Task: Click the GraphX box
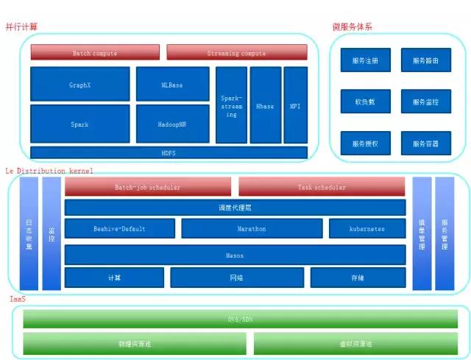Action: click(x=79, y=85)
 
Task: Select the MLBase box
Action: click(x=172, y=85)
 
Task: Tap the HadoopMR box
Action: click(x=172, y=124)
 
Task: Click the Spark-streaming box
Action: click(x=231, y=105)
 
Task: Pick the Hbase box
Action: click(x=265, y=105)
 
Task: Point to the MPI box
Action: click(x=295, y=105)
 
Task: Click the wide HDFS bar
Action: click(x=169, y=152)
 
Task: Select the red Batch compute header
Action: click(x=95, y=53)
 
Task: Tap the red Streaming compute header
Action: click(x=236, y=53)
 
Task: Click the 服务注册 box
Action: click(x=365, y=60)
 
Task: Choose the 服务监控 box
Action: click(x=425, y=102)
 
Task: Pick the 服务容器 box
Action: click(x=425, y=143)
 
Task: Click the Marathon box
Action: click(x=251, y=228)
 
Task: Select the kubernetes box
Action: click(x=366, y=228)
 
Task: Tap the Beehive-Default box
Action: click(x=119, y=228)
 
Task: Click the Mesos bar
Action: click(x=235, y=255)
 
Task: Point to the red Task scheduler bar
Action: click(x=322, y=187)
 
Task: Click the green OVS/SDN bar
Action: click(x=240, y=319)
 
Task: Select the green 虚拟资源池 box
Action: click(x=355, y=344)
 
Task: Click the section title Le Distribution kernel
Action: click(x=49, y=170)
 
